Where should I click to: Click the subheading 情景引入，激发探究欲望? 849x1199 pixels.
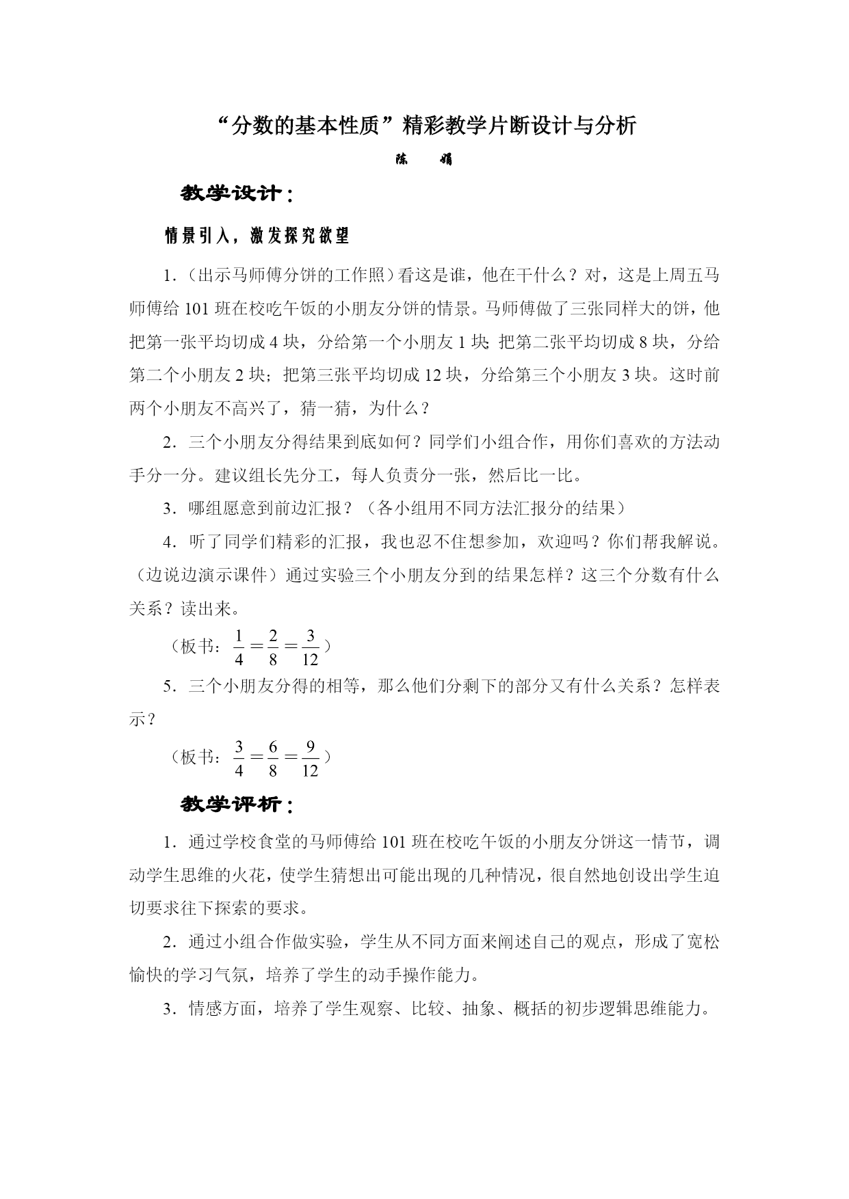click(257, 237)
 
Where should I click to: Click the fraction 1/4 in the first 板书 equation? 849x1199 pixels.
click(239, 647)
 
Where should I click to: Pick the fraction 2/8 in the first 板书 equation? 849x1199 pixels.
click(273, 647)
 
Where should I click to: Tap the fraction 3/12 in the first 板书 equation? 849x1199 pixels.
click(310, 647)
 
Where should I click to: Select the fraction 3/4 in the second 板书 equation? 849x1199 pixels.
click(239, 759)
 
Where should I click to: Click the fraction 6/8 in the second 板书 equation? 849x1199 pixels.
click(273, 759)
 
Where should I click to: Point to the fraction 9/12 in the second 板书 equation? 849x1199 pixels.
click(310, 759)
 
